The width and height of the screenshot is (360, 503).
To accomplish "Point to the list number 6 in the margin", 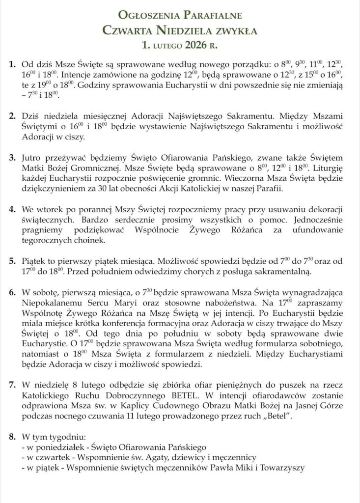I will point(12,292).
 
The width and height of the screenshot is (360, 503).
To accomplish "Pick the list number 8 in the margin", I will point(12,436).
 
